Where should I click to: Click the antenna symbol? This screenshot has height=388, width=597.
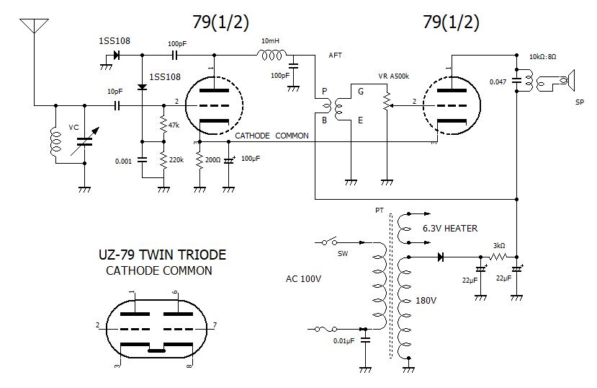pos(32,27)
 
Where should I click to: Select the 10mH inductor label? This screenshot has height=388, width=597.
pos(271,41)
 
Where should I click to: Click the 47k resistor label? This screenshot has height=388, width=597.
pos(174,125)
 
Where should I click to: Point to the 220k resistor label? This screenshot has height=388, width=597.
pos(176,161)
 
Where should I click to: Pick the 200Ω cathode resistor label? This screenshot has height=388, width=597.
pos(213,159)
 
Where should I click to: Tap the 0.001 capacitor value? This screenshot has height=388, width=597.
pos(123,161)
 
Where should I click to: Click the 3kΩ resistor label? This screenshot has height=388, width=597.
pos(498,245)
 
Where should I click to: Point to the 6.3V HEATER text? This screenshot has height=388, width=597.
pos(450,228)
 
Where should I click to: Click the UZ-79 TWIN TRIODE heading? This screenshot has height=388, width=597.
pos(161,255)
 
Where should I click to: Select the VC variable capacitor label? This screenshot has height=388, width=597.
pos(73,127)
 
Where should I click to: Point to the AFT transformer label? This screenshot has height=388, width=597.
pos(335,55)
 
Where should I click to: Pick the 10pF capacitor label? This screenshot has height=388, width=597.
pos(115,92)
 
